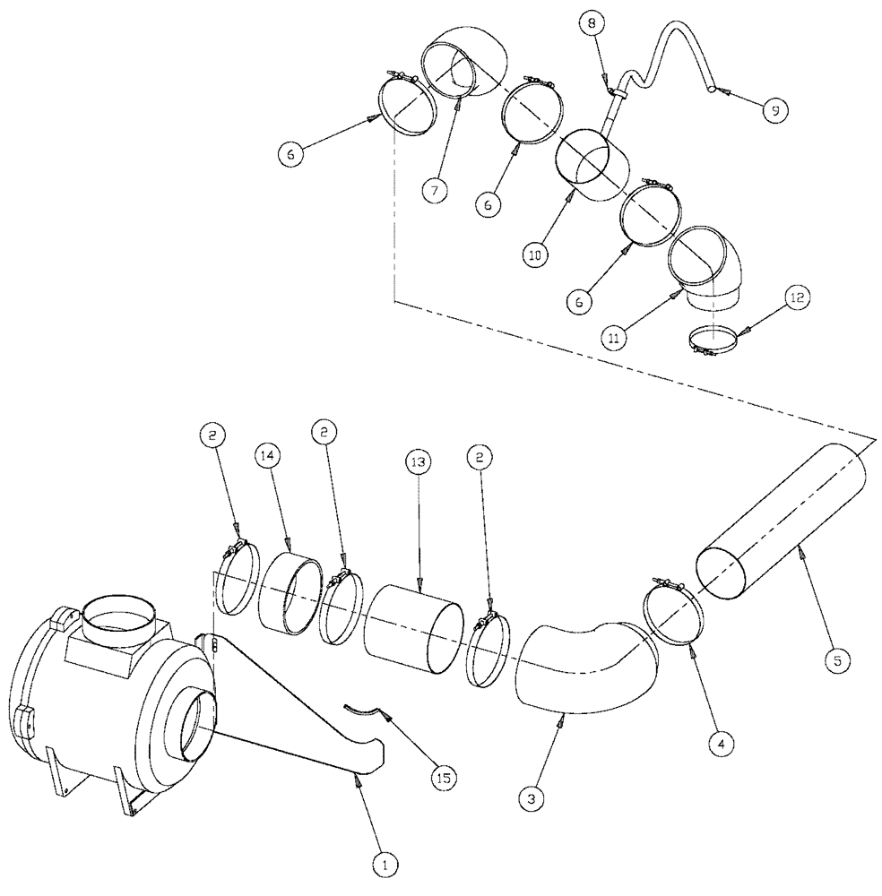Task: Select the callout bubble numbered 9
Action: click(x=772, y=109)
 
